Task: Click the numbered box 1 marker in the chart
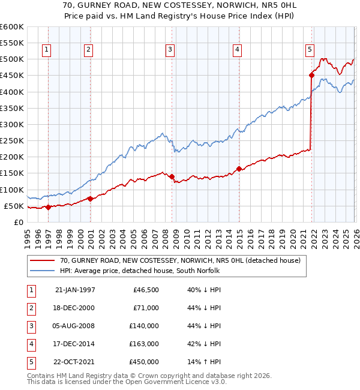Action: tap(47, 50)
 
